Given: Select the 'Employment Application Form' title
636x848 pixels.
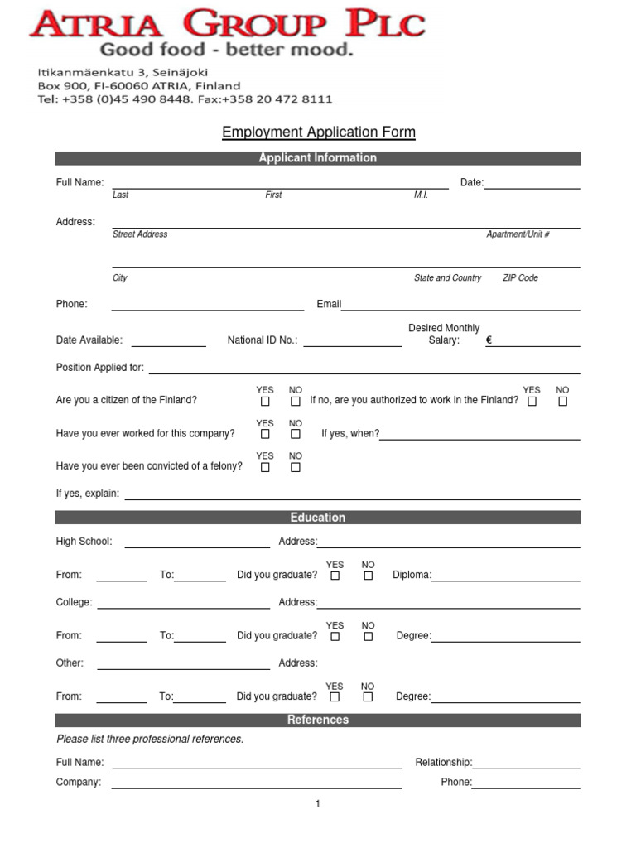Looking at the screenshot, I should click(x=318, y=132).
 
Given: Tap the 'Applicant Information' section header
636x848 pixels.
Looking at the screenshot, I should click(x=318, y=158).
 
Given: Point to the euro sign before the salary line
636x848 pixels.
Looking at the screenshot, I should click(x=489, y=340).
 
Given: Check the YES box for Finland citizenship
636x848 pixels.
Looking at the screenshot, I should click(x=265, y=402).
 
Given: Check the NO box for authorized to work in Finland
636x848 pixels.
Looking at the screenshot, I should click(x=563, y=402).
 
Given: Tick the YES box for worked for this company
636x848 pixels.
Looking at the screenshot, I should click(x=265, y=434).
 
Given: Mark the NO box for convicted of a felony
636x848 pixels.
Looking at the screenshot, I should click(x=296, y=467).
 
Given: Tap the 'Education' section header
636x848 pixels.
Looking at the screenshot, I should click(x=318, y=518).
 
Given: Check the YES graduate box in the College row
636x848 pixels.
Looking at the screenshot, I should click(x=335, y=637).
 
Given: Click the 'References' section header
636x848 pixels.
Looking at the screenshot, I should click(x=318, y=720).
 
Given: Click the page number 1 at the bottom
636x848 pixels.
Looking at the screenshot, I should click(x=318, y=804).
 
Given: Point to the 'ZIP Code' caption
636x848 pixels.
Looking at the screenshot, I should click(x=520, y=278).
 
